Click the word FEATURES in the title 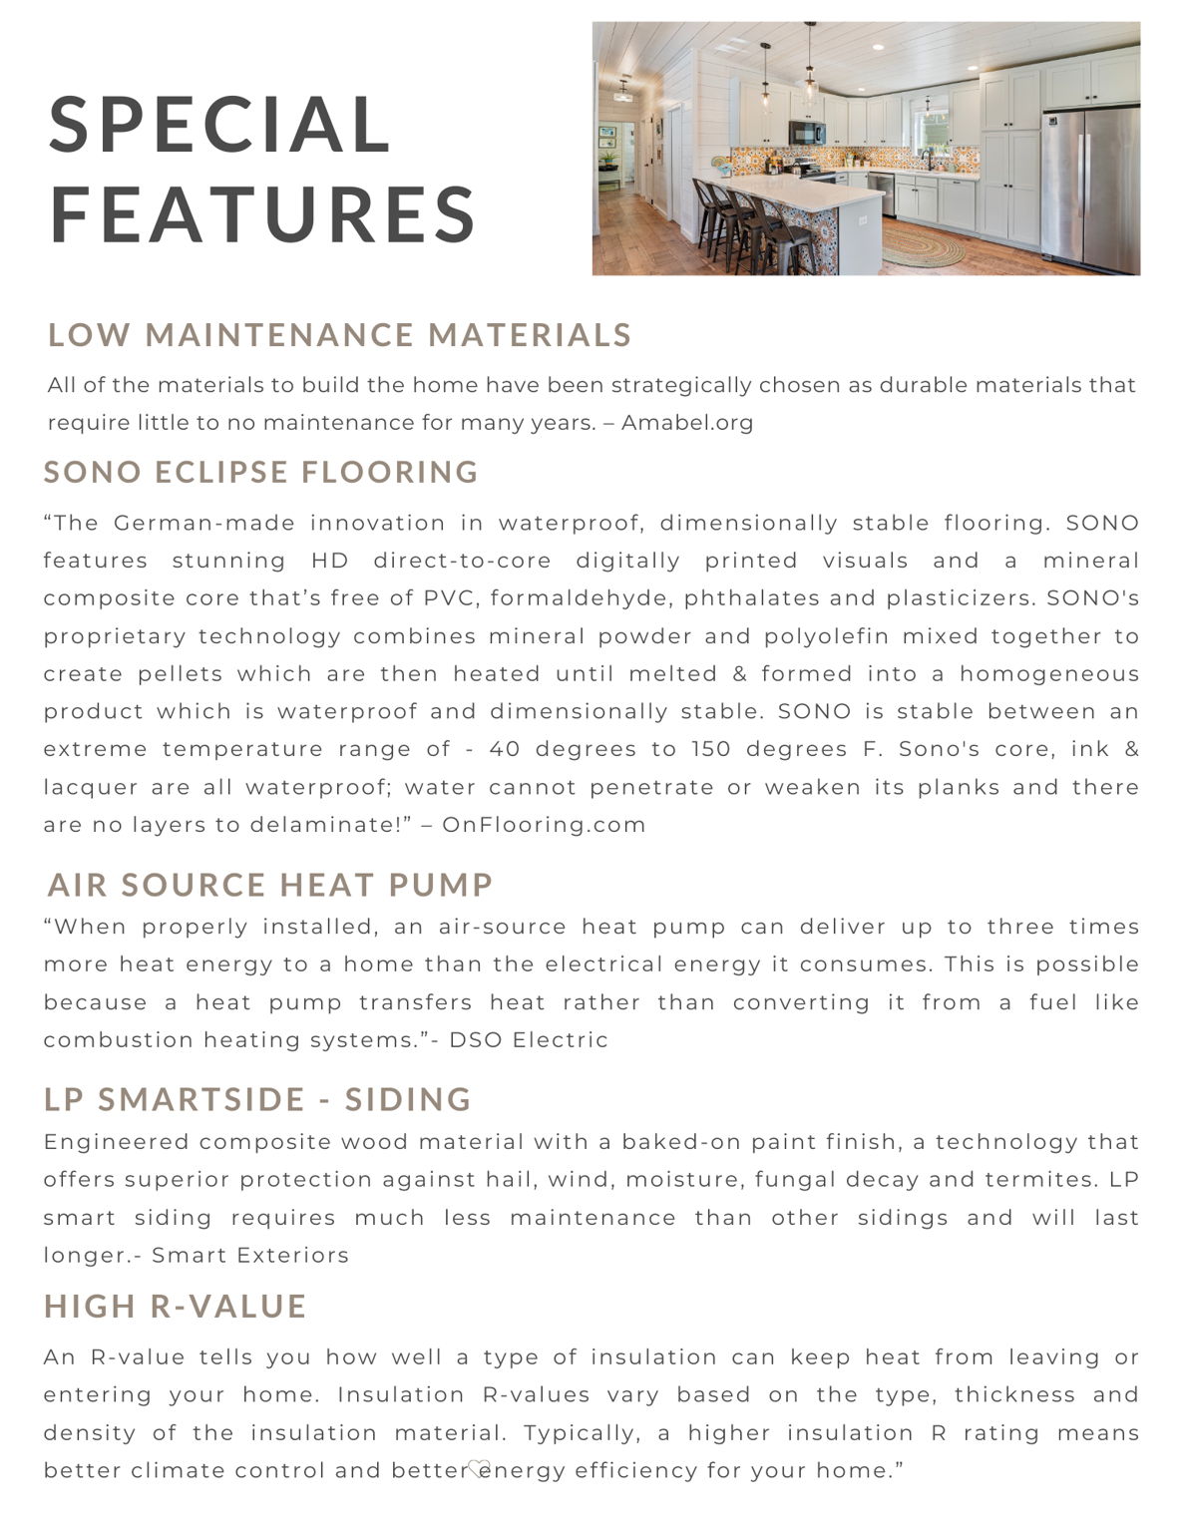263,213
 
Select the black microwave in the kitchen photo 806,133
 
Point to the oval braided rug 923,246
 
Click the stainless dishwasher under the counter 881,192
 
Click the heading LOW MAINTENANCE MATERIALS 339,335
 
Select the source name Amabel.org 687,423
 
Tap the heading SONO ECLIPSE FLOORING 261,472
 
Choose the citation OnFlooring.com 544,825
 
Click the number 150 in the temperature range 711,749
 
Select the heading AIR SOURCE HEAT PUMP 270,885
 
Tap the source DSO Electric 529,1040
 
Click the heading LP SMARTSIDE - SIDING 257,1099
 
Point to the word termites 1041,1180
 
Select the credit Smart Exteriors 250,1256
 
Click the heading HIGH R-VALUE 176,1307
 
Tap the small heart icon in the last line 479,1467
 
